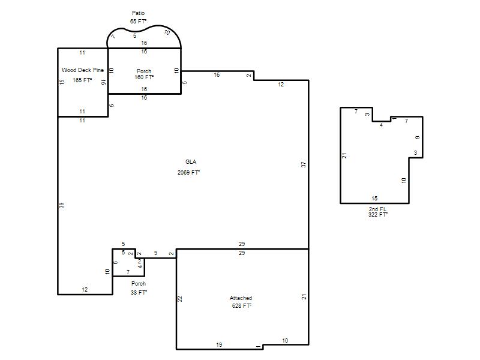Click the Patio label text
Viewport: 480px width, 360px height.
point(138,13)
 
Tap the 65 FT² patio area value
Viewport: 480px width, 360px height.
point(138,22)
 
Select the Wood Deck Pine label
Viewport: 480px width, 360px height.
point(83,70)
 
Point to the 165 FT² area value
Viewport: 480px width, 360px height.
point(82,80)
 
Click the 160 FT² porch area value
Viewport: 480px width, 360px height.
point(144,77)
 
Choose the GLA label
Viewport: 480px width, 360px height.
point(191,162)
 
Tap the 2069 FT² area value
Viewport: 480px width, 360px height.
point(188,173)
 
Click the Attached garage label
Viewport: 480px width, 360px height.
point(241,298)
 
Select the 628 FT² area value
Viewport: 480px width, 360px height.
point(242,306)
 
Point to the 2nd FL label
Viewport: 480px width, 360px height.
point(377,209)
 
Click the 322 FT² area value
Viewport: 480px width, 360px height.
point(378,215)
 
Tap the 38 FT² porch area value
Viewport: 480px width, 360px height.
point(139,293)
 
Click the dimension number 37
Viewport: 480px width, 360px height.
point(304,164)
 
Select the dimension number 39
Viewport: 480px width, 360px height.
point(62,205)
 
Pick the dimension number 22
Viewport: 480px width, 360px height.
point(180,299)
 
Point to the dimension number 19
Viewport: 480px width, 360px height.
point(219,344)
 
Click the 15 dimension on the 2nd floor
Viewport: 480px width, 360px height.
point(374,199)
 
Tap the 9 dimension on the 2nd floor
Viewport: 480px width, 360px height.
point(418,137)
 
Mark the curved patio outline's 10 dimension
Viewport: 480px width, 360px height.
point(167,32)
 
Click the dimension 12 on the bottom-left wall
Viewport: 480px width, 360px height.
point(85,290)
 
